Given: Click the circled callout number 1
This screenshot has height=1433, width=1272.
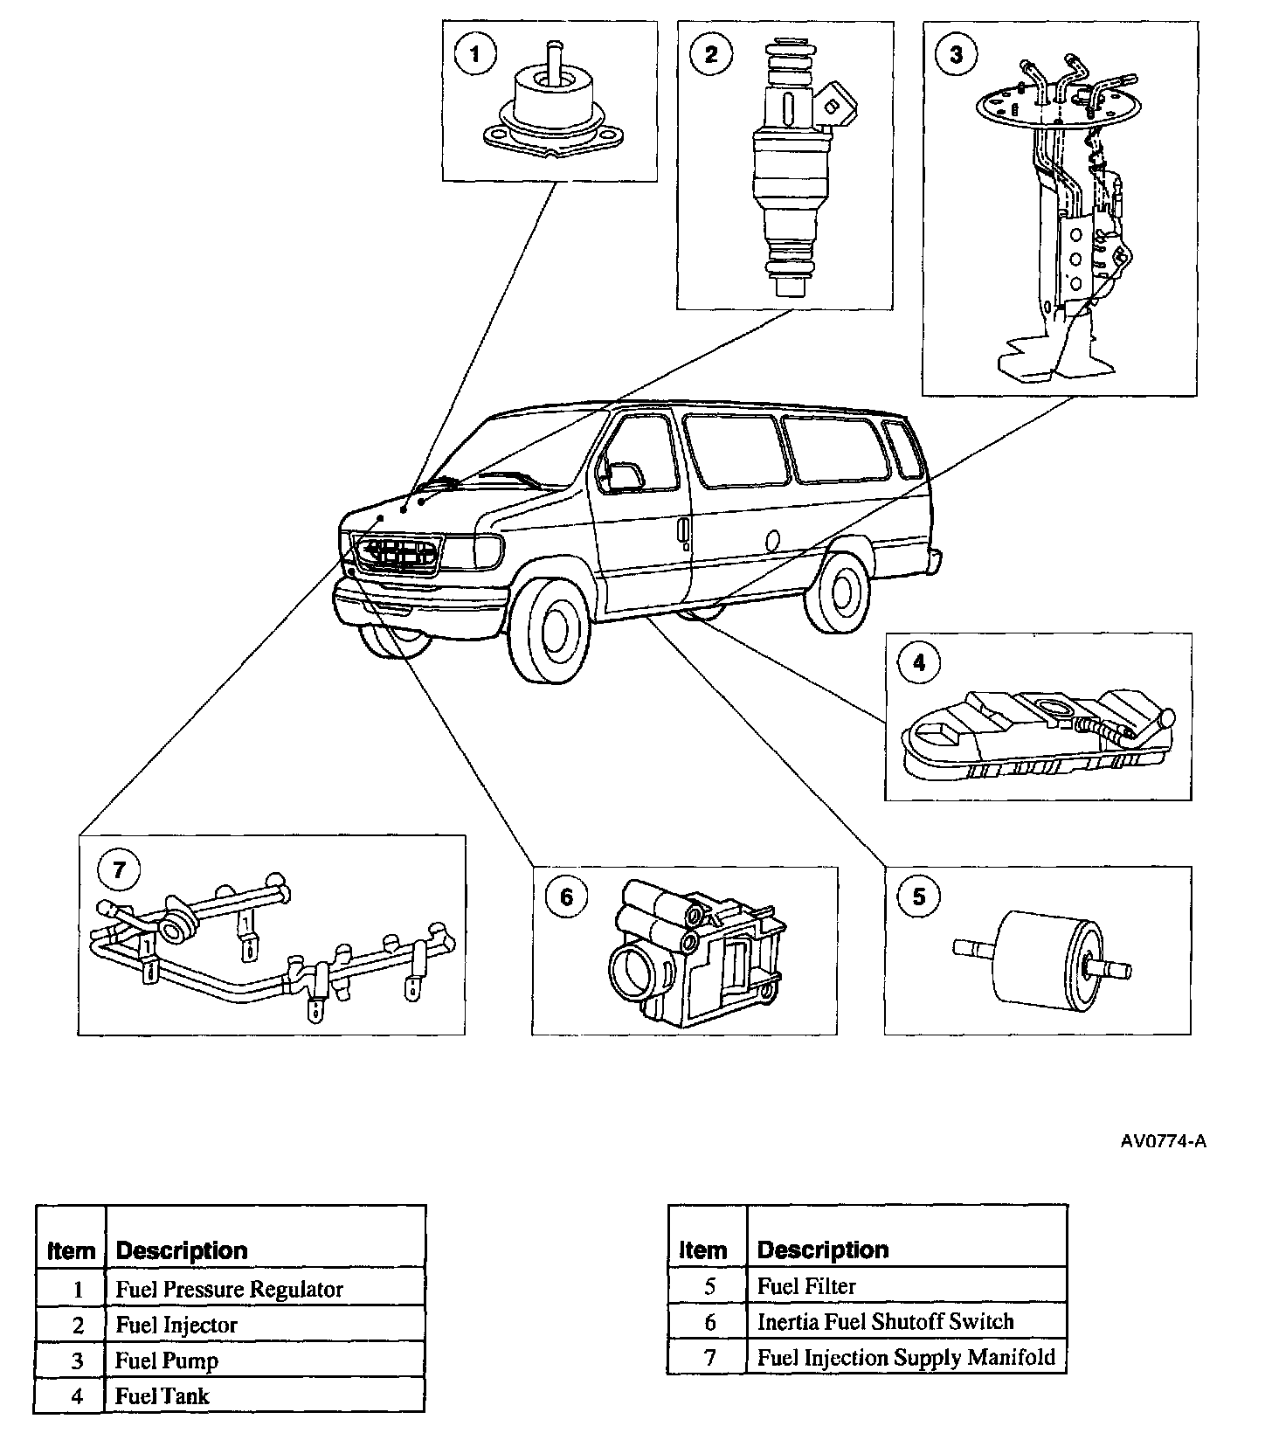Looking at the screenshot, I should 475,54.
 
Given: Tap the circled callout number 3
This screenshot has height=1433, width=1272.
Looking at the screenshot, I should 956,54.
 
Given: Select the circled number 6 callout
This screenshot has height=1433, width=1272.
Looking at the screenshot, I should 566,897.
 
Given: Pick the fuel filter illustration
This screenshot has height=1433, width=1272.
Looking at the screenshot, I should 1040,958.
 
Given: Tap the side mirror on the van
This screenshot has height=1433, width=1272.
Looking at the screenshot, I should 624,477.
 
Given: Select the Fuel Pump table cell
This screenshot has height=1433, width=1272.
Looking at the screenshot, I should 167,1360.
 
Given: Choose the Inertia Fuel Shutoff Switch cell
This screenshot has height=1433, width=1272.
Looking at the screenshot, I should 885,1321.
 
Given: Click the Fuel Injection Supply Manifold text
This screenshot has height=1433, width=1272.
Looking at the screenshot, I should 906,1357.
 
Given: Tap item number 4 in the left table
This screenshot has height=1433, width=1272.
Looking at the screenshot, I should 78,1396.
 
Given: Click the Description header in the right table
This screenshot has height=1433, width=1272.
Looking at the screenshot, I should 822,1250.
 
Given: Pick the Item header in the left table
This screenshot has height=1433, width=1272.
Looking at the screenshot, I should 71,1250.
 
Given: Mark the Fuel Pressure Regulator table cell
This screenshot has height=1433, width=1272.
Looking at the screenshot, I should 229,1289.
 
